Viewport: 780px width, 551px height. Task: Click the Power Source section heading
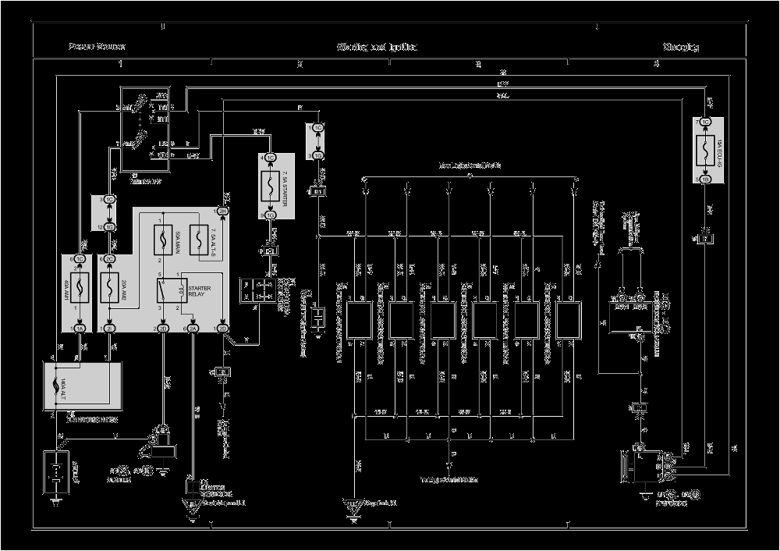point(97,47)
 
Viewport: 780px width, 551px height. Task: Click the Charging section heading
point(681,47)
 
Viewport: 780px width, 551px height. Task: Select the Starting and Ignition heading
point(377,47)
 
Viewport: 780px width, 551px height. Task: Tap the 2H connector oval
point(164,329)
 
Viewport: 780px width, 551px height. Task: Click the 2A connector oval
point(193,329)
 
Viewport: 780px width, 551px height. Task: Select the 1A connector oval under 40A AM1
point(79,329)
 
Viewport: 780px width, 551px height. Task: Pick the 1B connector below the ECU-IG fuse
point(705,179)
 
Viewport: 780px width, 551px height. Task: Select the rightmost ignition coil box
point(570,320)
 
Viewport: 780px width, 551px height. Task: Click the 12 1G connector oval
point(111,226)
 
